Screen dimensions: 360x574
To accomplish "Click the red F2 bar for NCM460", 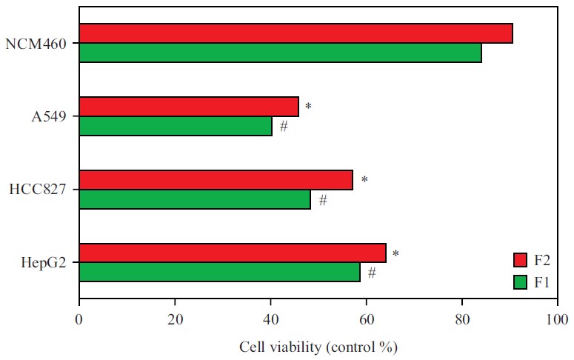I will click(296, 33).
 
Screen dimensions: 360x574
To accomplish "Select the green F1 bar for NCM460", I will click(280, 53).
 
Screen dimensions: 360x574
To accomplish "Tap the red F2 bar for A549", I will click(189, 107).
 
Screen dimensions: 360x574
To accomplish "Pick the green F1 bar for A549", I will click(176, 127).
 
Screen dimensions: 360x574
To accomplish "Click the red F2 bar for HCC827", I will click(216, 180).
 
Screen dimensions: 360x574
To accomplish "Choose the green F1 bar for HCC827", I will click(195, 200).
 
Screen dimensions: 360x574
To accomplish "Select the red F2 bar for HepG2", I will click(233, 253).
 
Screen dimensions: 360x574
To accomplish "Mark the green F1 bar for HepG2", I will click(219, 273).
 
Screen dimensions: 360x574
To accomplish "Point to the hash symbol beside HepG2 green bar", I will click(372, 273).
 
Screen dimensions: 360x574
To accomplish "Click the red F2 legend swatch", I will click(521, 260).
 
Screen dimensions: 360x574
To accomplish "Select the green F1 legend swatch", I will click(521, 281).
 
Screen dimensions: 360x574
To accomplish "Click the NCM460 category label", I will click(37, 44).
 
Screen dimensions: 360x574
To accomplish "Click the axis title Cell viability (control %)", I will click(318, 346).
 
